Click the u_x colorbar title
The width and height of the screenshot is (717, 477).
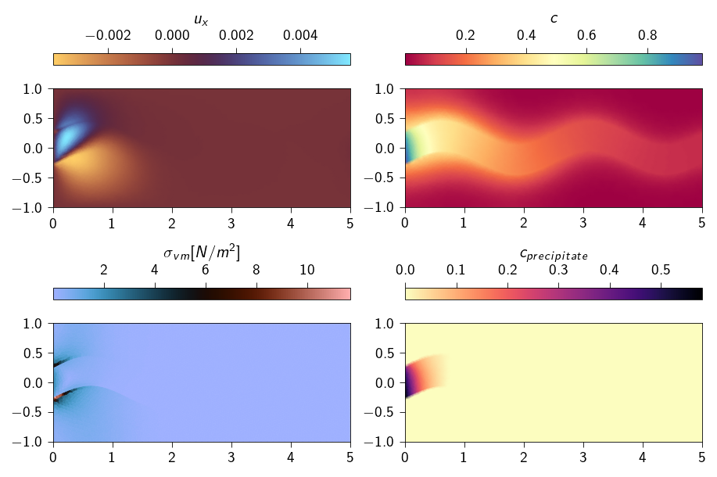(x=202, y=17)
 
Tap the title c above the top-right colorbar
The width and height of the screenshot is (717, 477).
(x=554, y=18)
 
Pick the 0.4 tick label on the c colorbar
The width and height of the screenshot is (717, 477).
(x=526, y=36)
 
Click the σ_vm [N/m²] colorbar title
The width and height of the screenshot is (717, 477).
(x=202, y=252)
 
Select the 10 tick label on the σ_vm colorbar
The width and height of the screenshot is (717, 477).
(x=307, y=270)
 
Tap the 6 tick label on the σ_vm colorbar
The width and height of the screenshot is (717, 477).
(x=206, y=270)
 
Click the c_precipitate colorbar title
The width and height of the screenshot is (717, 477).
(x=554, y=253)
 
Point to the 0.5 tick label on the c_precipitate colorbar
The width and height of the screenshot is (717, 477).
(x=661, y=270)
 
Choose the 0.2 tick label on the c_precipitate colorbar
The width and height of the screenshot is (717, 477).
(x=507, y=270)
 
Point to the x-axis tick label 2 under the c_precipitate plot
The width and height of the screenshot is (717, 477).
(x=524, y=456)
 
